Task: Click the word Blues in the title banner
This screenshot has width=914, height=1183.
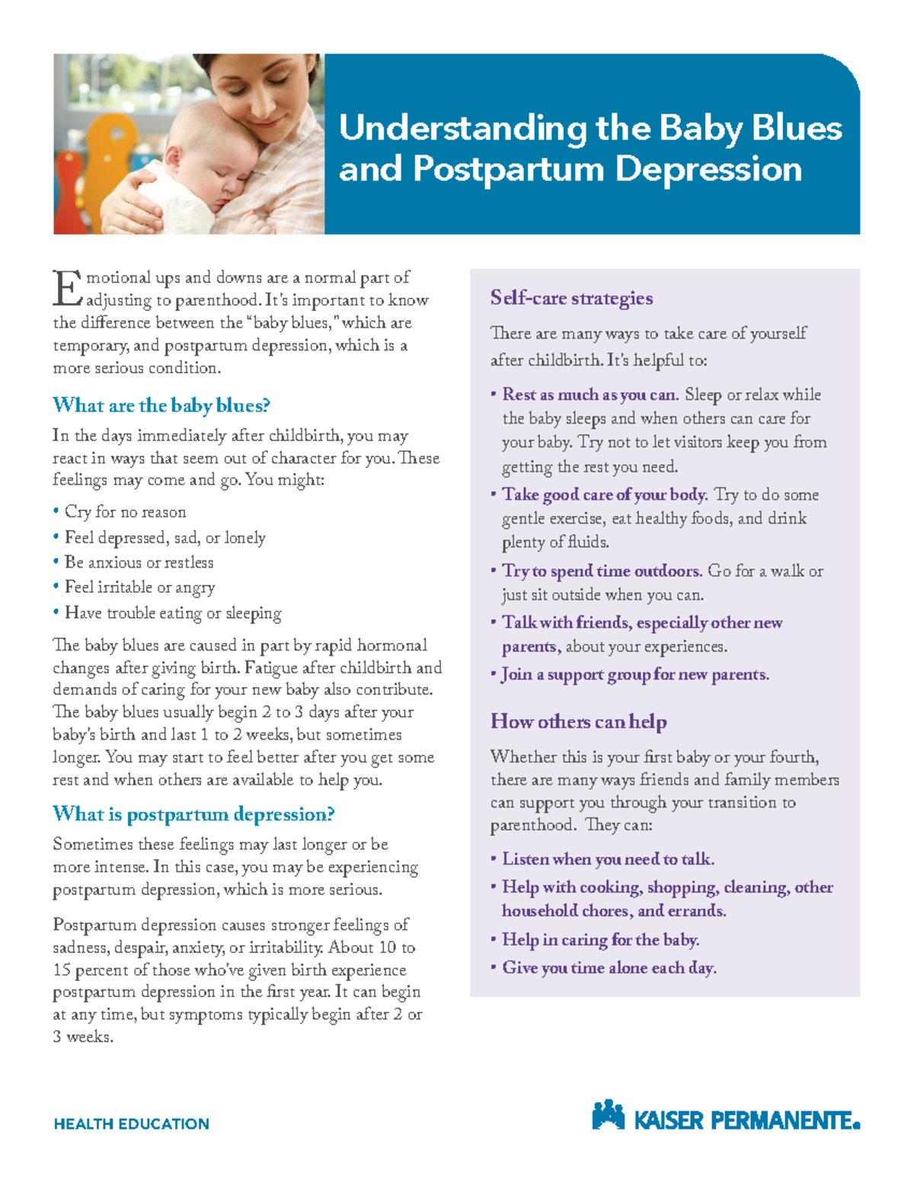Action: point(797,128)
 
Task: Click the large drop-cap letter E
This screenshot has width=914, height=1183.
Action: point(67,288)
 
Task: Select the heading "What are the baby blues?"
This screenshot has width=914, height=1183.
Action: point(161,405)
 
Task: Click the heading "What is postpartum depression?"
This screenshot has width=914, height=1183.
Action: point(193,814)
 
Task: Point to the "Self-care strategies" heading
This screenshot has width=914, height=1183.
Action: point(571,298)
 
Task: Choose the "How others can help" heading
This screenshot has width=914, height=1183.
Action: point(578,721)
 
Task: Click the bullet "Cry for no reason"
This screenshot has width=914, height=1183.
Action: point(125,512)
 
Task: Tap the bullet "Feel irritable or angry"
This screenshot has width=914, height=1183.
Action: point(139,587)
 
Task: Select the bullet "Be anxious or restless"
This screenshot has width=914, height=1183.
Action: point(139,562)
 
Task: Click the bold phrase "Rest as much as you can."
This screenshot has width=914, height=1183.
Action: point(590,395)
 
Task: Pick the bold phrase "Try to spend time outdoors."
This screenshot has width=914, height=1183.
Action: point(602,571)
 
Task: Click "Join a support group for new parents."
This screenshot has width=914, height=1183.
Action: point(635,675)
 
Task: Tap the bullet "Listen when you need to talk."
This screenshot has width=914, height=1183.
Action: point(608,859)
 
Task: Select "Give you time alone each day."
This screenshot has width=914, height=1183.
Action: point(609,968)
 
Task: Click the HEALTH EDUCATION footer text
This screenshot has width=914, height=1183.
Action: point(131,1124)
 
